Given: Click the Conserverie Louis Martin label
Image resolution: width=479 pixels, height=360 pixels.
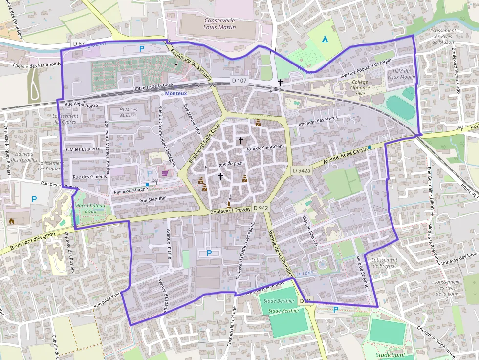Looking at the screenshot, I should click(x=219, y=24).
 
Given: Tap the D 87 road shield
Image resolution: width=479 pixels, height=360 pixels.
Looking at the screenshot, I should click(x=79, y=43).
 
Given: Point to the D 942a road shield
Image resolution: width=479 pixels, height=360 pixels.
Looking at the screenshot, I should click(x=302, y=170).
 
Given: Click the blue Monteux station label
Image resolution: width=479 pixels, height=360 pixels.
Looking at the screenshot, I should click(x=176, y=93).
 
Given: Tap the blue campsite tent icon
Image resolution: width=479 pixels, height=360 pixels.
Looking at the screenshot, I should click(x=325, y=39).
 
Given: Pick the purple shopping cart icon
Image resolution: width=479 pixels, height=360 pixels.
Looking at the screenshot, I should click(x=165, y=173).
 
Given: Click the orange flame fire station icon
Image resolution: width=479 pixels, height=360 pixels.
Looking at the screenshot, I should click(x=12, y=221).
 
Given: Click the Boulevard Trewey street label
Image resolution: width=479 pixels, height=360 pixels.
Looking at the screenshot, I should click(x=230, y=210).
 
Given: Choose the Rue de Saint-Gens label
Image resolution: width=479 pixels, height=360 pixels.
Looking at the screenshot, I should click(x=265, y=148).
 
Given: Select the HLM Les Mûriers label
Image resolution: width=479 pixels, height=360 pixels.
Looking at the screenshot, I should click(x=129, y=113).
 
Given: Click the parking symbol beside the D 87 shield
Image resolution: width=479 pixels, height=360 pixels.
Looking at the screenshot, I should click(x=142, y=48).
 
